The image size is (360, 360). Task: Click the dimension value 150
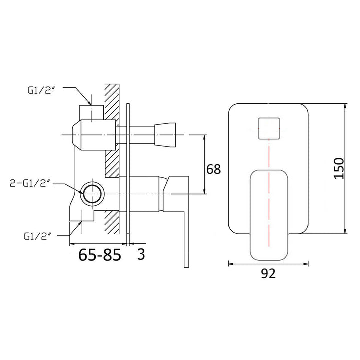(338, 169)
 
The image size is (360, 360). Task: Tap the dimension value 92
(268, 273)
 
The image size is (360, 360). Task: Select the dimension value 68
(213, 169)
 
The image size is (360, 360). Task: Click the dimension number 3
(141, 254)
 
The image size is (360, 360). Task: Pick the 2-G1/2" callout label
(31, 183)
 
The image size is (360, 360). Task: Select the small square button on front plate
(268, 128)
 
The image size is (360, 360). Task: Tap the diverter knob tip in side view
(166, 135)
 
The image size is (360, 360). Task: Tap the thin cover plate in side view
(129, 170)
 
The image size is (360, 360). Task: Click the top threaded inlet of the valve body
(92, 112)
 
